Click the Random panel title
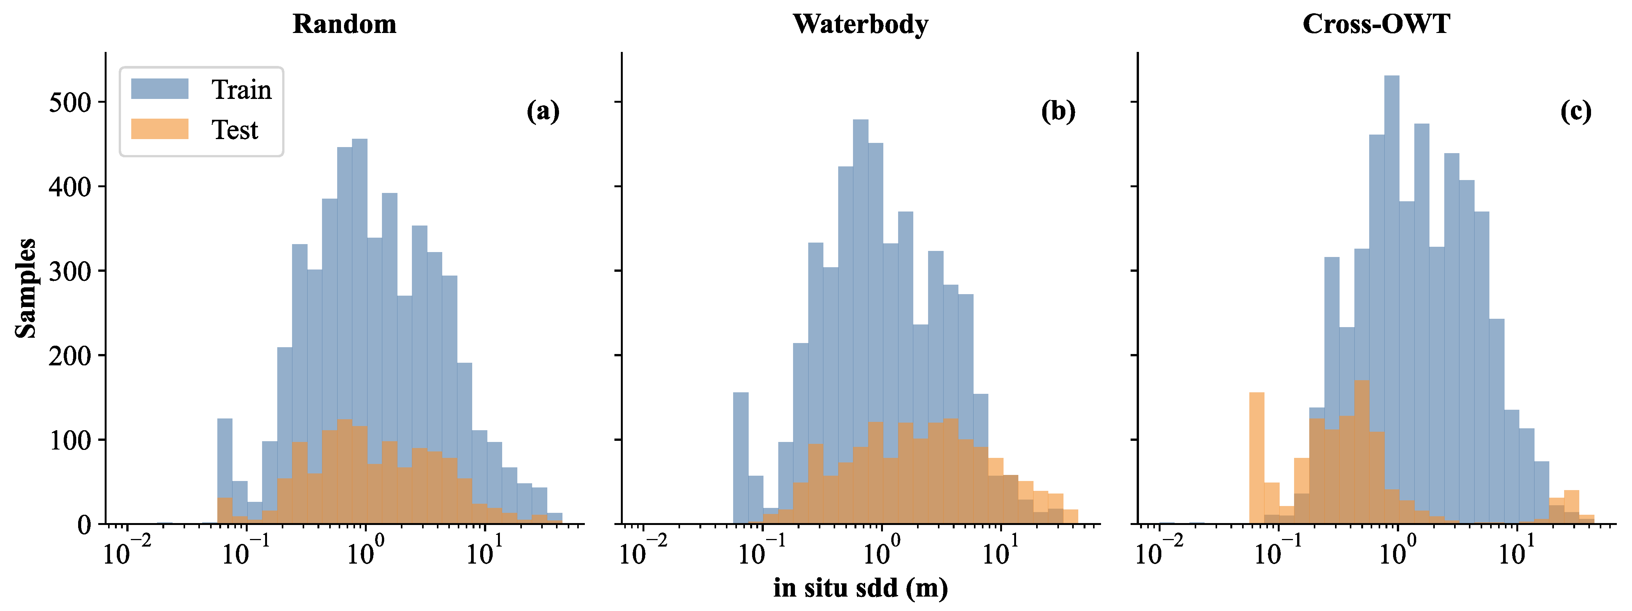345,24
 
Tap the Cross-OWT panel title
1376,24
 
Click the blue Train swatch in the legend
160,89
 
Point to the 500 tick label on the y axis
70,103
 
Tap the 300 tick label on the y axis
70,271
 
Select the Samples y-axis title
26,288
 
